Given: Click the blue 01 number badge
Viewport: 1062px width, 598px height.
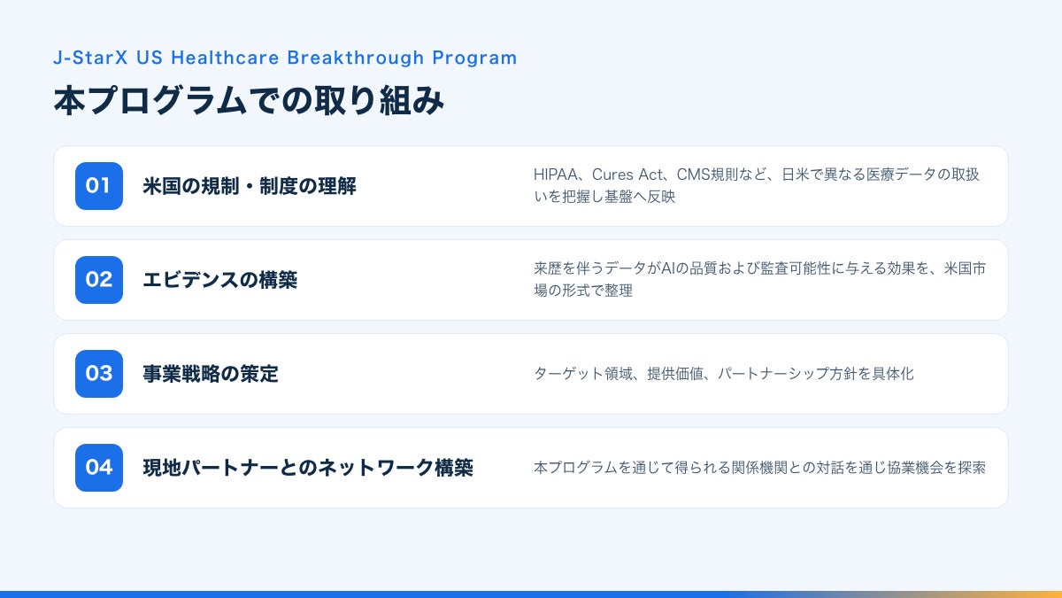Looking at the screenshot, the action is coord(99,186).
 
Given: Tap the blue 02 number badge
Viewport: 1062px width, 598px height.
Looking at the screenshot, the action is coord(99,280).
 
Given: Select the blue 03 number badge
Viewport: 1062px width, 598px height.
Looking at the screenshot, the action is coord(99,374).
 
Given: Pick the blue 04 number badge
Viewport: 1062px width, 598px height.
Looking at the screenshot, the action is coord(99,468).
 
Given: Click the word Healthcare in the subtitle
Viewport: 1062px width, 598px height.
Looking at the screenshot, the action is coord(225,58).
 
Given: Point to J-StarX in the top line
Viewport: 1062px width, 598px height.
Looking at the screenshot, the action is coord(90,58).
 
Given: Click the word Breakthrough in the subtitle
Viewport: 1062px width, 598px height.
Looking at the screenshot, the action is coord(356,58).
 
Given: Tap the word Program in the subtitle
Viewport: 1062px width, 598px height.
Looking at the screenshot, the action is coord(474,58).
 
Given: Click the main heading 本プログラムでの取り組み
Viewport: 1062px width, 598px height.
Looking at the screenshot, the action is coord(249,101).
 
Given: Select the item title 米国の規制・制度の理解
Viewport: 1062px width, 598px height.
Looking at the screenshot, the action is coord(250,186).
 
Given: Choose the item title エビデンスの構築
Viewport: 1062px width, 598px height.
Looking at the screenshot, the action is coord(220,280).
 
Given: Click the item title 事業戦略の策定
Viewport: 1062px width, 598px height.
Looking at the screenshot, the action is coord(211,374).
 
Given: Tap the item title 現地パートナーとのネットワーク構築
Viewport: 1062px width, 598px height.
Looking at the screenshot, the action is coord(308,468).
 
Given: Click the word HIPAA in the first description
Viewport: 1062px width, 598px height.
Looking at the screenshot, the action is coord(556,175).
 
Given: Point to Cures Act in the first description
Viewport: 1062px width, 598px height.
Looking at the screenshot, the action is coord(627,175).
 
